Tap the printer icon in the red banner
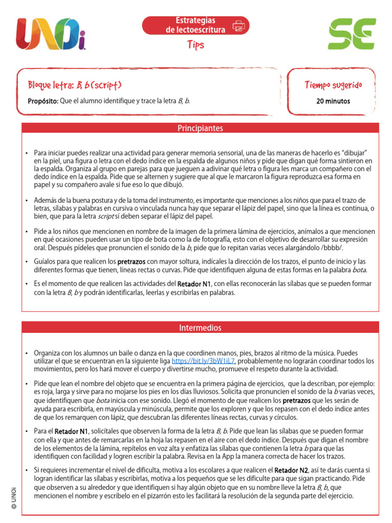238,26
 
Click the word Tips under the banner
195,45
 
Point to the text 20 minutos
333,101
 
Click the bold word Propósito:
43,101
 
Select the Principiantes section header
200,128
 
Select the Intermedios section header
200,327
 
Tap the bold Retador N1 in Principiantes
194,283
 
